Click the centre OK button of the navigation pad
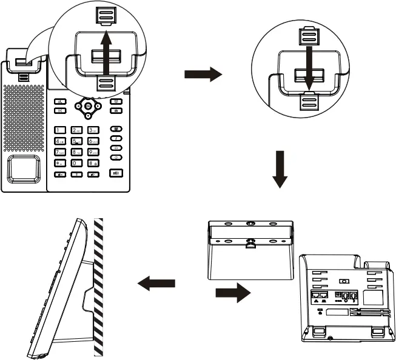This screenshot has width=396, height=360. [89, 107]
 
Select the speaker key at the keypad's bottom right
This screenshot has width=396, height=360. [116, 173]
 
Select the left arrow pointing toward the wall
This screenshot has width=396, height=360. [157, 282]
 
